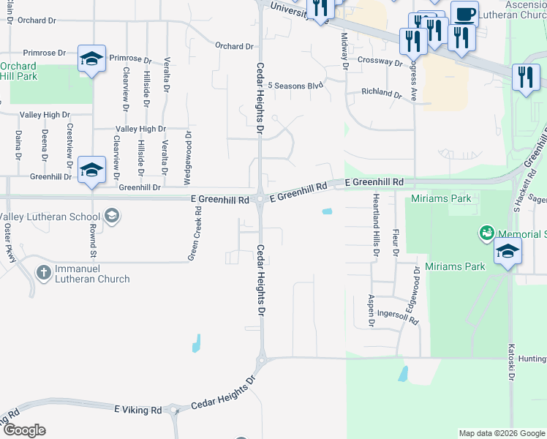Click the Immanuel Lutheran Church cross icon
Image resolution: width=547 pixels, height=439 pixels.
click(x=44, y=273)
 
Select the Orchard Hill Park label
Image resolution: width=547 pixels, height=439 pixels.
click(x=18, y=71)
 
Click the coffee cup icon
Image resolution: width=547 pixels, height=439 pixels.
click(x=464, y=15)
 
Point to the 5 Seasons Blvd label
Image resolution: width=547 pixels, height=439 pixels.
click(x=295, y=86)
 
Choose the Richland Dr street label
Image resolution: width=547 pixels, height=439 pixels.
click(x=382, y=94)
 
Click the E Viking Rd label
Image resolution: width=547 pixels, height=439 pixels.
click(x=138, y=410)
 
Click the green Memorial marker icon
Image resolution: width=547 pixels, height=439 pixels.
click(x=486, y=233)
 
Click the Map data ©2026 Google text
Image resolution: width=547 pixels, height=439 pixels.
click(x=501, y=433)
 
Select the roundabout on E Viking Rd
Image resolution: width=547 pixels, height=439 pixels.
click(x=174, y=410)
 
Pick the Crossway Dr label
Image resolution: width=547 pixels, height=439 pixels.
click(x=380, y=63)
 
